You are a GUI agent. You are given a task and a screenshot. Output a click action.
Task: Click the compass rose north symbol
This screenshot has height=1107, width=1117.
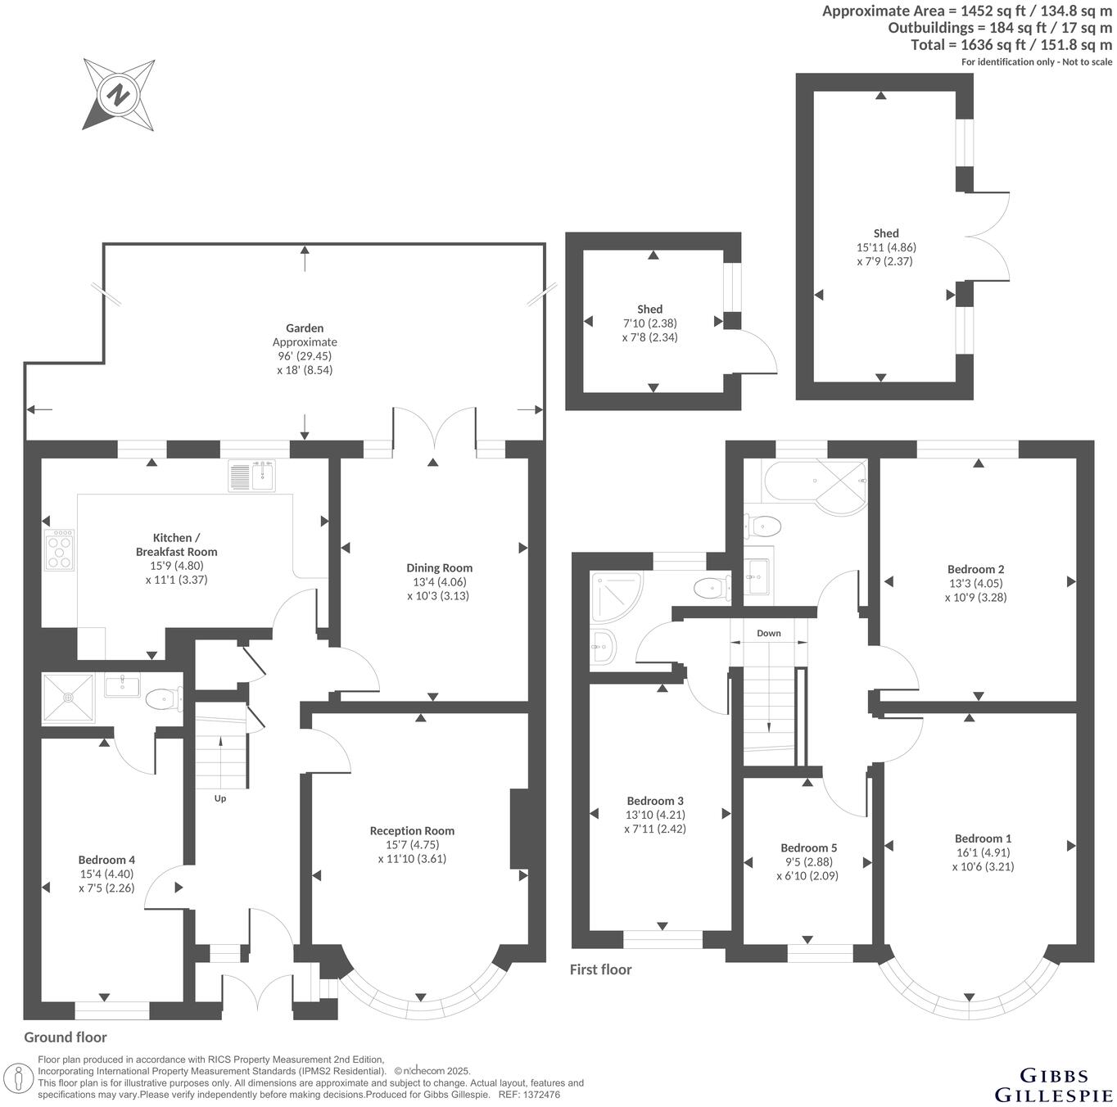[119, 94]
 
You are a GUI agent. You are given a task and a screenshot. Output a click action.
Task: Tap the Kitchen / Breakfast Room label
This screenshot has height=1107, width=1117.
[177, 544]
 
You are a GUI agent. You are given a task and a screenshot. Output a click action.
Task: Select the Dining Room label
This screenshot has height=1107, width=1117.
[440, 567]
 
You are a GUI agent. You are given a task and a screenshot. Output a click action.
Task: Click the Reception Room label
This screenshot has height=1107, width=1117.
[412, 830]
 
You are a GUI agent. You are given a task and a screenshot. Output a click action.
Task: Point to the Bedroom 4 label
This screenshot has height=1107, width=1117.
[106, 860]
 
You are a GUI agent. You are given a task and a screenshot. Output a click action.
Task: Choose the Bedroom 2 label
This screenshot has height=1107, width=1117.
[975, 569]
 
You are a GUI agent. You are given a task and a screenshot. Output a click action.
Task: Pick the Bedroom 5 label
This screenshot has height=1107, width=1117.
[808, 847]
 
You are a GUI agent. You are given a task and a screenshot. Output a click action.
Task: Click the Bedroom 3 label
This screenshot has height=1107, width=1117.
[655, 801]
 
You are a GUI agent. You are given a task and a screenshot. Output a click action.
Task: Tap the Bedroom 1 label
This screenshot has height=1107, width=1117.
[983, 838]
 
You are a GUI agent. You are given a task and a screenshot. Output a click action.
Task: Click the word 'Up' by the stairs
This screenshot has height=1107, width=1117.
[220, 798]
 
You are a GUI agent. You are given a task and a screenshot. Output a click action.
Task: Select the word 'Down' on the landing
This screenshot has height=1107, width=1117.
[768, 633]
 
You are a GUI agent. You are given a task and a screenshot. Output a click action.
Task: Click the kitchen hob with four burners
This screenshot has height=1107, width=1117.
[61, 550]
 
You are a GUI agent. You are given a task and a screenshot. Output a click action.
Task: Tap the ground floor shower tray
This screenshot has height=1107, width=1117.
[69, 698]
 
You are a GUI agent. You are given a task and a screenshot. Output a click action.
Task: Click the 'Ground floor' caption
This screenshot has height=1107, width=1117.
[66, 1037]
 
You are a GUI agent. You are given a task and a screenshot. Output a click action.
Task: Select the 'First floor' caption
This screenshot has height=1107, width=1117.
[601, 969]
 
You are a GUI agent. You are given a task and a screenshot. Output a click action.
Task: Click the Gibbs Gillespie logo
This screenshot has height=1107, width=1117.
[1053, 1085]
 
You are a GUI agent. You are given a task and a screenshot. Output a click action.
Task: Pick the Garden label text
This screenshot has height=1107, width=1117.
[305, 328]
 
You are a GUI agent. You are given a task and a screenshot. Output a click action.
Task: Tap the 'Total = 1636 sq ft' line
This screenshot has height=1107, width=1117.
[1011, 45]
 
